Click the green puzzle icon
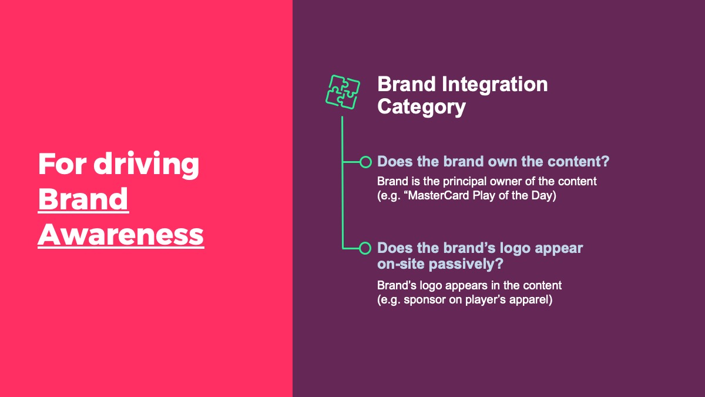343,92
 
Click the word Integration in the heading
495,84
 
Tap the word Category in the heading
421,107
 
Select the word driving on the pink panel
146,165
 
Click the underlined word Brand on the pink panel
83,199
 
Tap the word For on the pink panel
62,164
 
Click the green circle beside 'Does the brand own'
365,162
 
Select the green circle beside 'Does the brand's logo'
365,248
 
